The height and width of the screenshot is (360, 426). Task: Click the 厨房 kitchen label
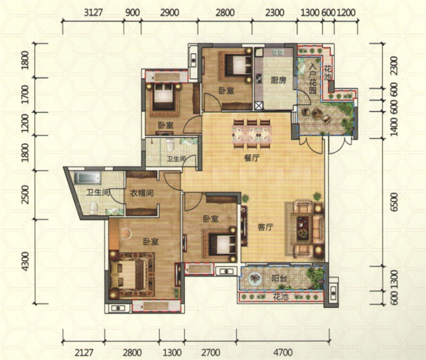pos(278,80)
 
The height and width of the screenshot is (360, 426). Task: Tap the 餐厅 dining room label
pos(252,158)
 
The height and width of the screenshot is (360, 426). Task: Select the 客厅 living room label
pos(265,227)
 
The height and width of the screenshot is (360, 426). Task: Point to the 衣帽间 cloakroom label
pos(142,193)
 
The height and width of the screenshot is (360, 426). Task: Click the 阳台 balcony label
pos(279,278)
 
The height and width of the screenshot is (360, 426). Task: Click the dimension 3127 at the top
pos(93,12)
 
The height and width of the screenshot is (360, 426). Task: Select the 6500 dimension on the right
pos(394,202)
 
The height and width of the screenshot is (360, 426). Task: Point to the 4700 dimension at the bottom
pos(283,353)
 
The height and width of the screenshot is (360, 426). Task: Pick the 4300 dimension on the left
pos(25,261)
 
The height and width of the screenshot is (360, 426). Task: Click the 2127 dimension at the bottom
pos(84,353)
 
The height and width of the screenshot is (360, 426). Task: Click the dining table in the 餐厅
pos(252,134)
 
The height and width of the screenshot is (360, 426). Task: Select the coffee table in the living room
pos(302,228)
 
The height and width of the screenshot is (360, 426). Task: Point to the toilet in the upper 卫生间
pos(170,144)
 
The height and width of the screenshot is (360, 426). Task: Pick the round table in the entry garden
pos(316,113)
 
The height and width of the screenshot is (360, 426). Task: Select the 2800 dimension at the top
pos(225,12)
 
